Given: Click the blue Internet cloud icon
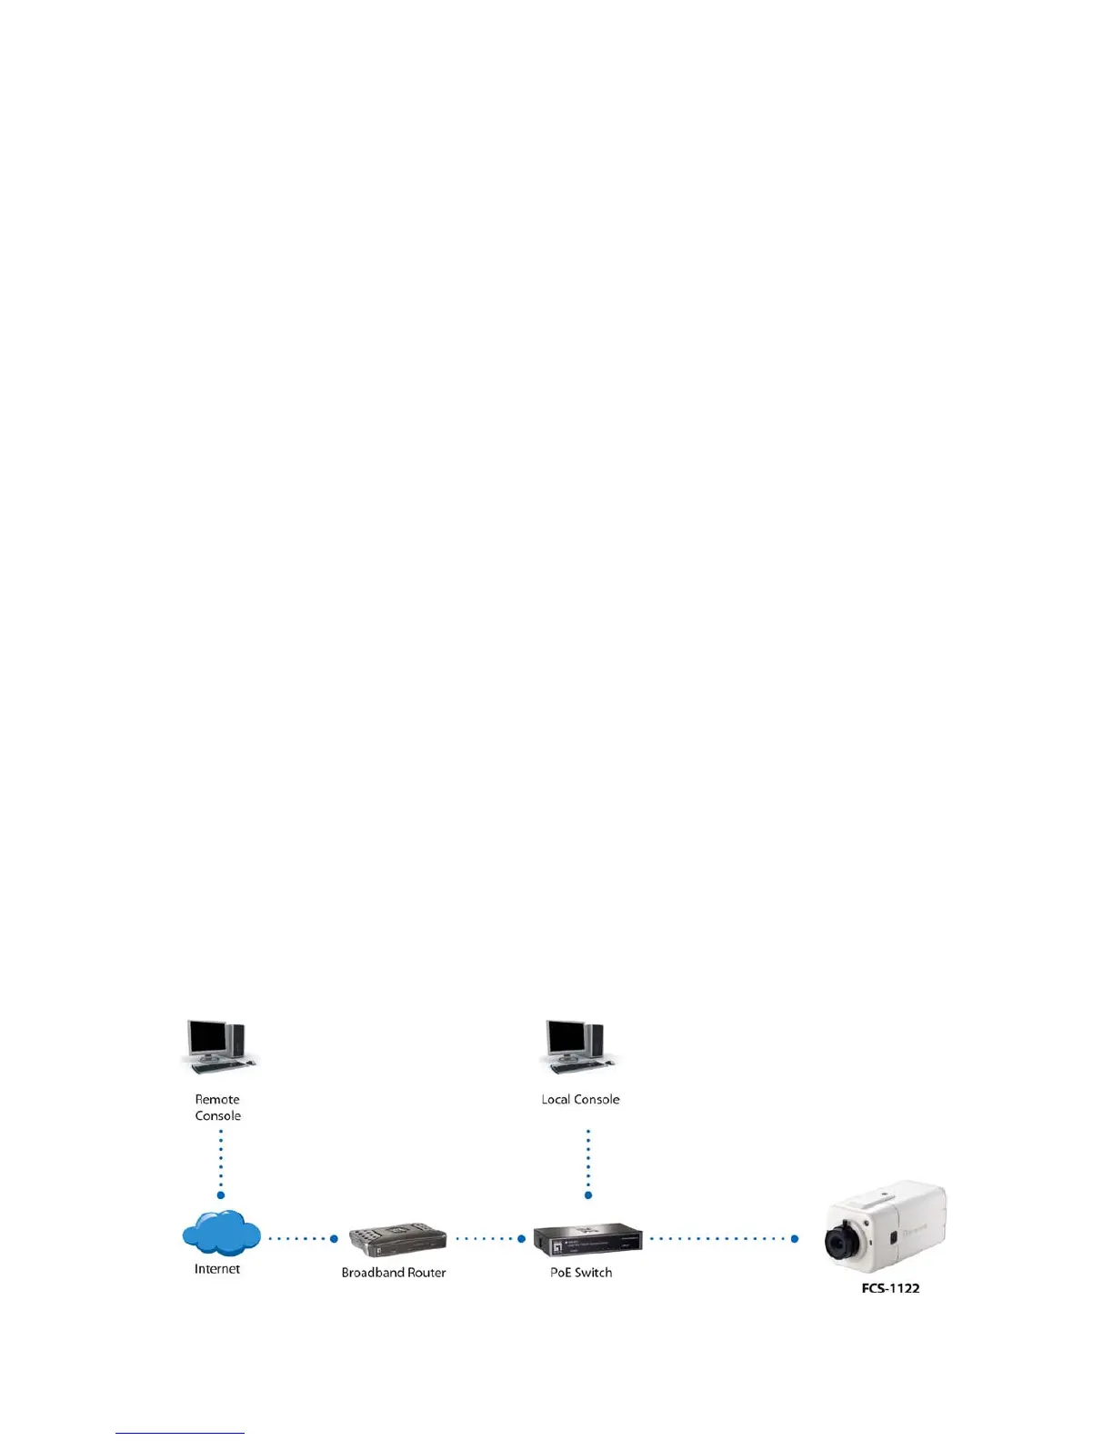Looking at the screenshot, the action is [221, 1234].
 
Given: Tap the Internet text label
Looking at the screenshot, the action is [217, 1269].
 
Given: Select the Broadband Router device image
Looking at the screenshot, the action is [397, 1240].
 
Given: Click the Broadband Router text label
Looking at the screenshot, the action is [394, 1273].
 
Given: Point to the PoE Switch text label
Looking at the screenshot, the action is [581, 1273].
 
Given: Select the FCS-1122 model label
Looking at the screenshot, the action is [890, 1288].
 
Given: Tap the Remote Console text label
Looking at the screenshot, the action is [218, 1107].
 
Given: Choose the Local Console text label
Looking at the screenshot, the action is [580, 1099].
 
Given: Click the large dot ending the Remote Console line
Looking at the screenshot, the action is [221, 1195].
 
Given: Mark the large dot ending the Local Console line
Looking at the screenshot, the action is [588, 1195].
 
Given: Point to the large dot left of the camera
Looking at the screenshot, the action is [795, 1238].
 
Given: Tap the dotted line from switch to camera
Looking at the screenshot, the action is [718, 1238].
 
